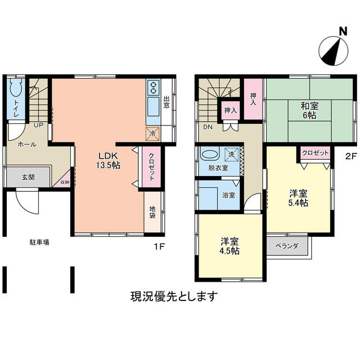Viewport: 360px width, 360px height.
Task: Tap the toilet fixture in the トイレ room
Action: [x=15, y=91]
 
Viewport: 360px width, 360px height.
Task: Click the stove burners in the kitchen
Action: [x=154, y=87]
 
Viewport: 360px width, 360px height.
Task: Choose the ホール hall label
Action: [x=27, y=145]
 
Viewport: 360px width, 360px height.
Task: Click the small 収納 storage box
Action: [x=65, y=182]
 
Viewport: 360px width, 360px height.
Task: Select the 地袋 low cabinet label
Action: [x=152, y=213]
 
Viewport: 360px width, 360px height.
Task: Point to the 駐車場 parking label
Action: [x=39, y=242]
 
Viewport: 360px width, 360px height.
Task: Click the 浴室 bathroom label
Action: [x=228, y=196]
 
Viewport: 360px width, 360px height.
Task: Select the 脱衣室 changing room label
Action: [x=217, y=168]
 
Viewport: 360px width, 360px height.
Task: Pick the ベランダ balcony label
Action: [x=287, y=246]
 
